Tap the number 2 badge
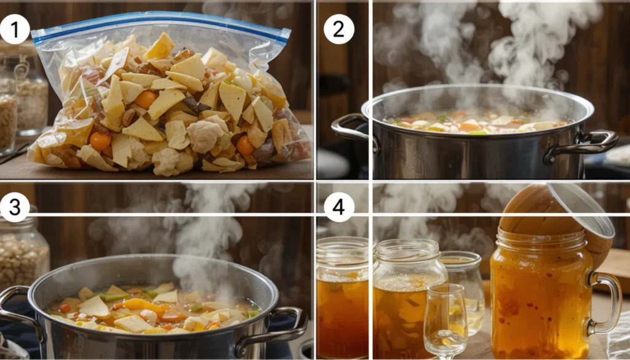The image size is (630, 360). pyautogui.click(x=339, y=29)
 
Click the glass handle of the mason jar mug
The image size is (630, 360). pyautogui.click(x=606, y=302)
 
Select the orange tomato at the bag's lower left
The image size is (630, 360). pyautogui.click(x=100, y=141)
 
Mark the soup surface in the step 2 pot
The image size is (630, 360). pyautogui.click(x=477, y=122)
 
